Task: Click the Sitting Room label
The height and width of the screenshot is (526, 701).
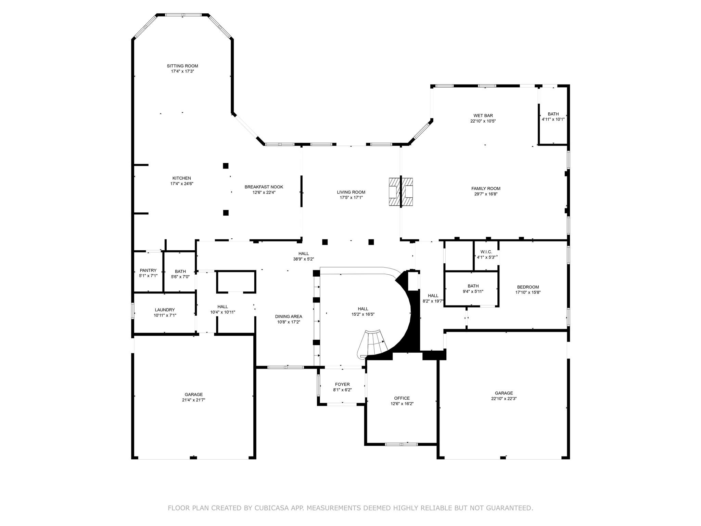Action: [182, 66]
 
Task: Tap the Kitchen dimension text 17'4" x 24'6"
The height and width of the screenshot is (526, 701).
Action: [182, 184]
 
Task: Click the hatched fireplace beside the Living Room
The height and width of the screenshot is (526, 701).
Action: [401, 192]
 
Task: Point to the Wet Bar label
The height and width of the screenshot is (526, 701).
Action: [483, 116]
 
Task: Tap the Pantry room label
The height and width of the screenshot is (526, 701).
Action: [148, 271]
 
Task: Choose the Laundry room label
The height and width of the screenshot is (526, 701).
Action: [165, 310]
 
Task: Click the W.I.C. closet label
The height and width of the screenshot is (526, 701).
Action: [486, 252]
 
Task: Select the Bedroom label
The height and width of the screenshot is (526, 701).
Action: [527, 287]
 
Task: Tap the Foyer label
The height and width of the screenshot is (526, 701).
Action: [342, 385]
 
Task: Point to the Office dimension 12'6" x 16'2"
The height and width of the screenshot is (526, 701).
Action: [402, 403]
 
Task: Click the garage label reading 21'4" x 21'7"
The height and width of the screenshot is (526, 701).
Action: [193, 400]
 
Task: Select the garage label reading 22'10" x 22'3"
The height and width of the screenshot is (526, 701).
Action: [504, 399]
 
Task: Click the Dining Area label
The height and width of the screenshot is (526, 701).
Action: [288, 317]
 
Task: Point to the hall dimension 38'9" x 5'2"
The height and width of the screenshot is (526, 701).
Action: [303, 259]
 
